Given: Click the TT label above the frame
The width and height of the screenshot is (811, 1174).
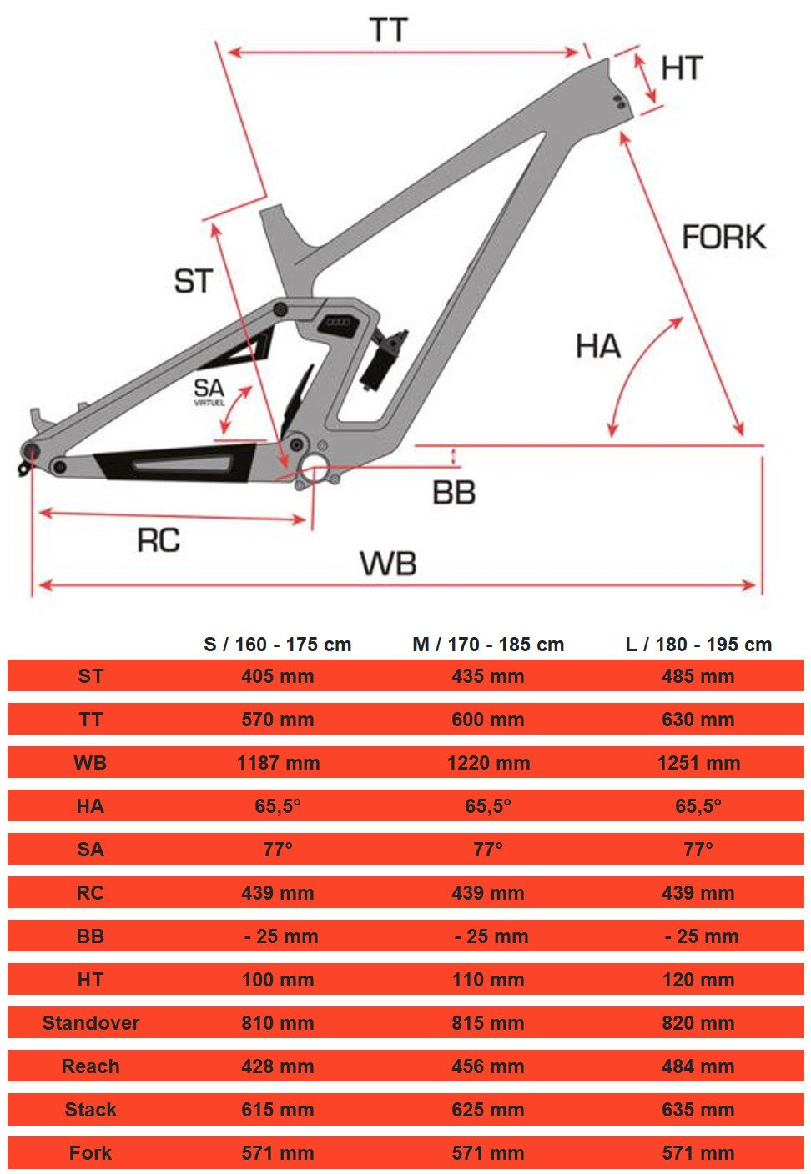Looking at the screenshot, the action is tap(388, 29).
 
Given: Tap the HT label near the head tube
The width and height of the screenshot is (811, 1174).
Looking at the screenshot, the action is tap(682, 68).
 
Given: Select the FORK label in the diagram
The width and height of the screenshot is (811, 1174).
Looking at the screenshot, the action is tap(724, 237).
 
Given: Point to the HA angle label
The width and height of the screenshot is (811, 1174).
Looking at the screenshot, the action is tap(598, 346).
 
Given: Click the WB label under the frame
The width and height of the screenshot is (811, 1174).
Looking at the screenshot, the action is tap(388, 564).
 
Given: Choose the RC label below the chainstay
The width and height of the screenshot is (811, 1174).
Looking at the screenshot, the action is tap(159, 540).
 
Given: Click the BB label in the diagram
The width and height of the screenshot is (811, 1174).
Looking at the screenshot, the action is tap(454, 493).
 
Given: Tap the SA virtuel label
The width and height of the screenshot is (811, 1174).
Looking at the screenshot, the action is tap(209, 392).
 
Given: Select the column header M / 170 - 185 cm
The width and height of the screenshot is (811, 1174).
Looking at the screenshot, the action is tap(488, 645).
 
